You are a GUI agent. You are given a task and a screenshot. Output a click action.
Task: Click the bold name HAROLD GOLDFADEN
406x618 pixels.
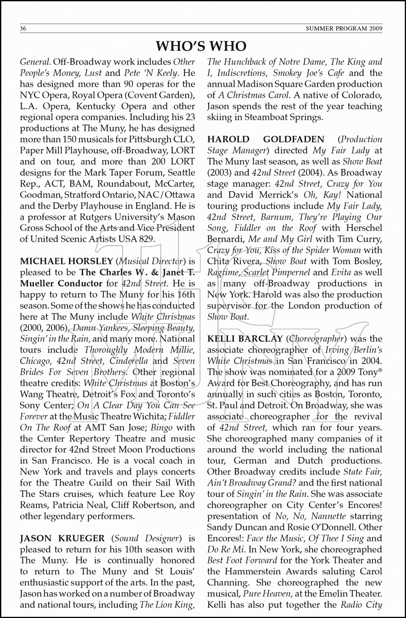click(x=266, y=140)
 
